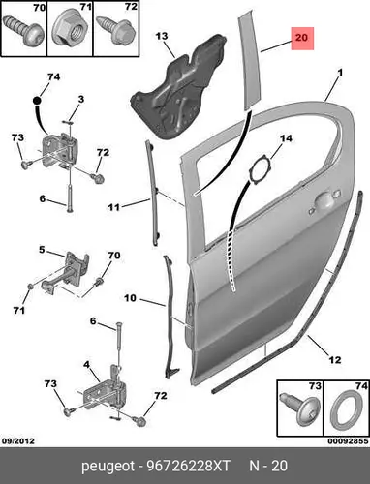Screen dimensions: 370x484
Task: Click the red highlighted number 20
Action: click(302, 38)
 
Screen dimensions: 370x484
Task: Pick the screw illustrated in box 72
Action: click(115, 30)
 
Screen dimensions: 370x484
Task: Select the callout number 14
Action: click(286, 138)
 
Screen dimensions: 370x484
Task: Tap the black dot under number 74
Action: click(37, 101)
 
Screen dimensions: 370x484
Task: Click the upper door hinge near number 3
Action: click(59, 150)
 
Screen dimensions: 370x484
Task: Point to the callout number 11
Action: click(113, 207)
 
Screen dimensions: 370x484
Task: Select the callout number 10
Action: click(130, 298)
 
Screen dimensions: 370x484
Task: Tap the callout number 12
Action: click(334, 359)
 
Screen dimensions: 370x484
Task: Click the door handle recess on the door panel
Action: click(324, 200)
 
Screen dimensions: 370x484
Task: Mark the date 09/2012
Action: click(18, 440)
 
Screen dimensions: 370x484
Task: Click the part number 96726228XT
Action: click(189, 466)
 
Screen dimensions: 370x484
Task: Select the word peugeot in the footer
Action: click(108, 467)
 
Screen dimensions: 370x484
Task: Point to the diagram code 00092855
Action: click(348, 440)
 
